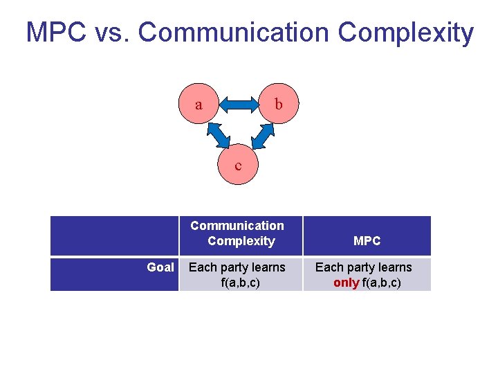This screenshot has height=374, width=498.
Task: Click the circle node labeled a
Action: coord(199,105)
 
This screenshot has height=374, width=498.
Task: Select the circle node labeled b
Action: coord(278,105)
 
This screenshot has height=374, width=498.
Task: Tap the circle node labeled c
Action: coord(239,165)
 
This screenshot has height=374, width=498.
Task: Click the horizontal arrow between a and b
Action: coord(239,105)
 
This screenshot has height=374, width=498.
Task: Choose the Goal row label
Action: coord(160,267)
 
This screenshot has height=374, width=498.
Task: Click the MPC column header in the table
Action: coord(367,241)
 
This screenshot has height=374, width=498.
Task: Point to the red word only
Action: coord(346,283)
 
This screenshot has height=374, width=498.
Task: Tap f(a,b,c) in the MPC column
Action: coord(382,283)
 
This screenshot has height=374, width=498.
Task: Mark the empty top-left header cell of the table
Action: coord(114,235)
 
